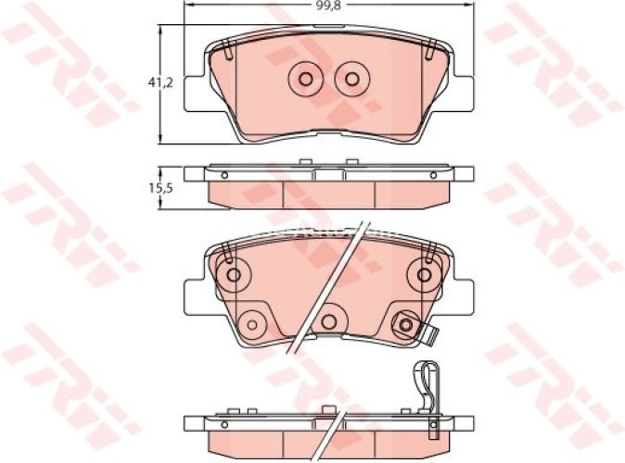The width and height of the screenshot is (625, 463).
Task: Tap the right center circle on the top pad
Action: pos(351,80)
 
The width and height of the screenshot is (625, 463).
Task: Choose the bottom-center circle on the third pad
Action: pos(329,320)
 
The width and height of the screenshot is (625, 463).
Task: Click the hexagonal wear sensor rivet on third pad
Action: pos(404,324)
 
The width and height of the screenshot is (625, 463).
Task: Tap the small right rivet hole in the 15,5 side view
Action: pos(432,173)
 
